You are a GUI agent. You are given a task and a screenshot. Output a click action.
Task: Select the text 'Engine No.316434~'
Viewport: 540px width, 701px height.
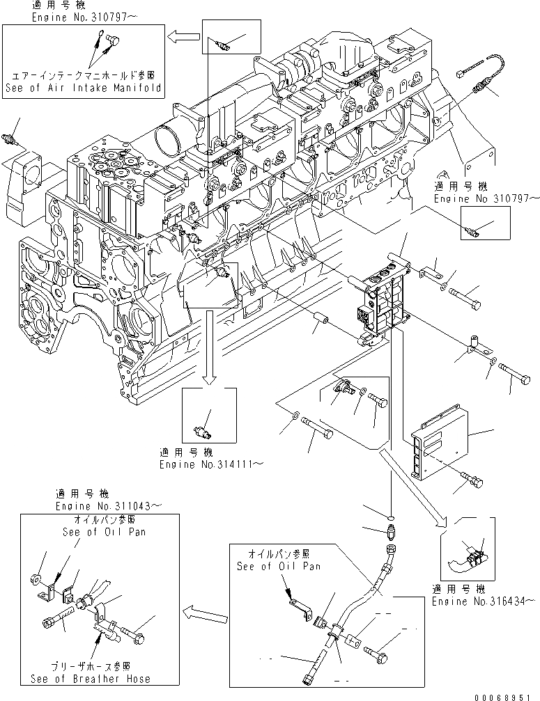(x=484, y=599)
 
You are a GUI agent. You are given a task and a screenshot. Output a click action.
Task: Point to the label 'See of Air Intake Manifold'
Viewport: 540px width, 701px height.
(x=83, y=88)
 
